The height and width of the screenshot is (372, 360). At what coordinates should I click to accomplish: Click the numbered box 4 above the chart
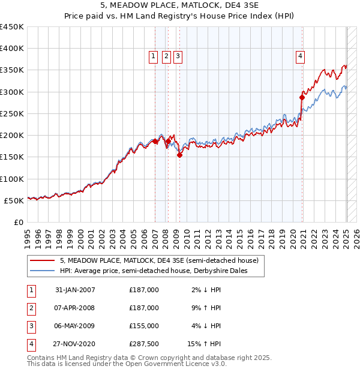tap(299, 57)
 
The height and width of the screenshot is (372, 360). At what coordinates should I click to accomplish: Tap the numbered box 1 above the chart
tap(153, 57)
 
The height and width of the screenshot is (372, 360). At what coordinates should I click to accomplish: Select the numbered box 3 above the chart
tap(179, 57)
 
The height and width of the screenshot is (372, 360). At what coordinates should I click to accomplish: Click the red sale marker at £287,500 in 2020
tap(302, 97)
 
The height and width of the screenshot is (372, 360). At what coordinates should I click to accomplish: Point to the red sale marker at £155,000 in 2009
tap(179, 155)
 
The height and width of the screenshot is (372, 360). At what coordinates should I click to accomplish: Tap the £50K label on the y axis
tap(14, 200)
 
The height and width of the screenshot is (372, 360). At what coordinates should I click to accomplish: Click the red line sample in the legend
tap(41, 261)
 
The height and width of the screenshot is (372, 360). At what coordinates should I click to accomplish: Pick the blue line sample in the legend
tap(41, 271)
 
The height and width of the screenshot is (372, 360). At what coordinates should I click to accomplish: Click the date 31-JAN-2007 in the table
tap(75, 290)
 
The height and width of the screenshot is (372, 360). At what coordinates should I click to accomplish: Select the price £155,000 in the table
tap(144, 326)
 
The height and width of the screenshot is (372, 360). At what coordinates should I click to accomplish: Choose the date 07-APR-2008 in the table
tap(75, 308)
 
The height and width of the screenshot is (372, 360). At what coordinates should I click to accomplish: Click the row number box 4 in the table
tap(31, 344)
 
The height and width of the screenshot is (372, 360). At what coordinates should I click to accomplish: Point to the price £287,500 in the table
tap(144, 344)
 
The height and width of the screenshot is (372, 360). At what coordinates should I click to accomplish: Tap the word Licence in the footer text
tap(195, 364)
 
